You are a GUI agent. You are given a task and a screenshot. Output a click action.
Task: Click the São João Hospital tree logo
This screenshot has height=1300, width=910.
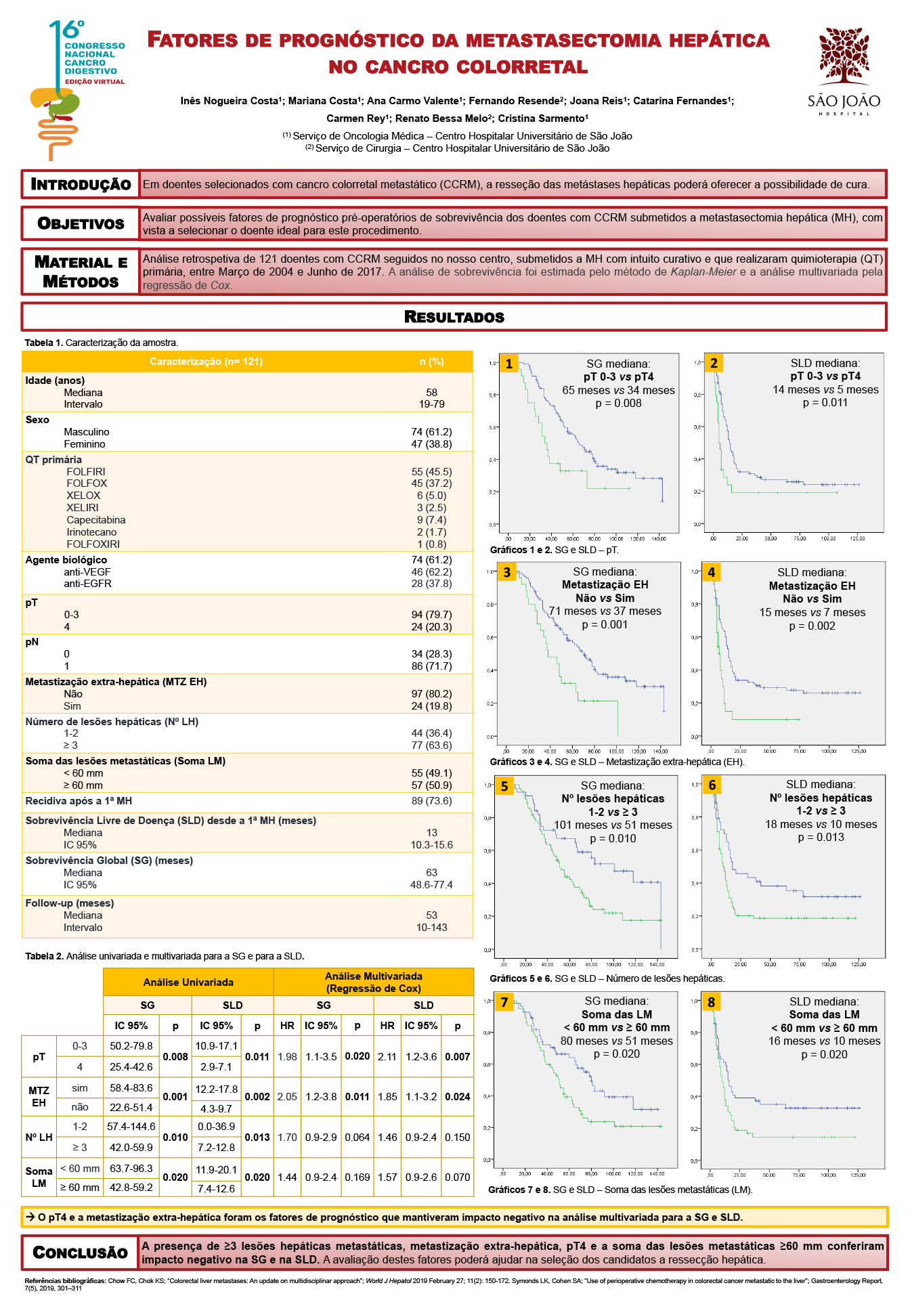point(844,57)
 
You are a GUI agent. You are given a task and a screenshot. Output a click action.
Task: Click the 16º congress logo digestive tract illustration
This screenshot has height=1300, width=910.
point(55,122)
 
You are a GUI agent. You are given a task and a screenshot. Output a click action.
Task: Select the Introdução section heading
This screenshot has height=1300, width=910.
point(81,184)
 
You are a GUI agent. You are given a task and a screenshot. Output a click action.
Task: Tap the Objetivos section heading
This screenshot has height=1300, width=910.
point(81,223)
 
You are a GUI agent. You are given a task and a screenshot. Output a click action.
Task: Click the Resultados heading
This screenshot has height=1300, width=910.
point(454,317)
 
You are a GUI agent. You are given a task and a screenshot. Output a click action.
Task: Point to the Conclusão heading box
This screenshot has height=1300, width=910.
point(81,1252)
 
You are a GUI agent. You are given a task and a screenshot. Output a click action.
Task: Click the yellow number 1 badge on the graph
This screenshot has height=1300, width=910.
point(509,364)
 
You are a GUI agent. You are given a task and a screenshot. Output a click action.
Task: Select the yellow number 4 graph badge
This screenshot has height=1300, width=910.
point(712,573)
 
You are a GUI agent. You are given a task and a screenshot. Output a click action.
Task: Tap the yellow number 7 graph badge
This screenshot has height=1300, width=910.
point(504,1002)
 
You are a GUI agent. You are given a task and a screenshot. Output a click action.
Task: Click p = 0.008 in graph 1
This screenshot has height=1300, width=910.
point(618,404)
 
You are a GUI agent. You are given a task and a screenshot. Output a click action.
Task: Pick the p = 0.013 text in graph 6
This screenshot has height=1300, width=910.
point(821,838)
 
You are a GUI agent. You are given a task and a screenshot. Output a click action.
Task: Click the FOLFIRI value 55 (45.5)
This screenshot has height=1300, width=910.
point(431,472)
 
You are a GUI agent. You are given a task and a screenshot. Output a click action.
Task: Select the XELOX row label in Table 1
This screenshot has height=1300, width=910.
point(83,496)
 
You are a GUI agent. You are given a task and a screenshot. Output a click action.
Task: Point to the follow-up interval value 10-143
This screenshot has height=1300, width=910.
point(431,928)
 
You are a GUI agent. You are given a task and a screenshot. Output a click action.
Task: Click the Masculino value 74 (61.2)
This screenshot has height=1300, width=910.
point(431,432)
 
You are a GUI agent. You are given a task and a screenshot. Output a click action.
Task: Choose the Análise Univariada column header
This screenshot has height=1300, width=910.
point(188,982)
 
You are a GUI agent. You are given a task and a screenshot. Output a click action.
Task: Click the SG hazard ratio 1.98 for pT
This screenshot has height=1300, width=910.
point(287,1057)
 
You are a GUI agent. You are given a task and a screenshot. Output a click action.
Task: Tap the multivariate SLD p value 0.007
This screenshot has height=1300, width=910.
point(458,1057)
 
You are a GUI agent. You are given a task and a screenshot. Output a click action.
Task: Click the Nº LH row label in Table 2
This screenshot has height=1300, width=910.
point(39,1137)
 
